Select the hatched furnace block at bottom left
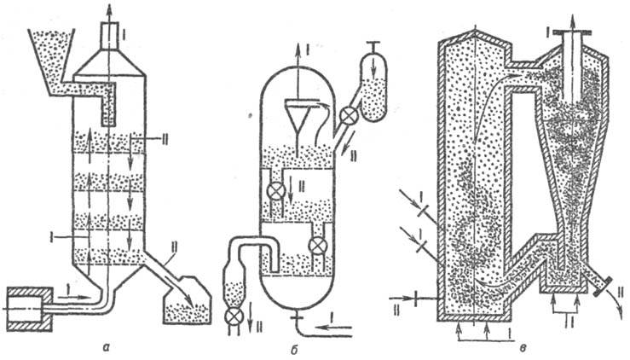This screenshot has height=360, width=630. click(x=32, y=309)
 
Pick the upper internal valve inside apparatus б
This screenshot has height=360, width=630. click(x=274, y=189)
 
